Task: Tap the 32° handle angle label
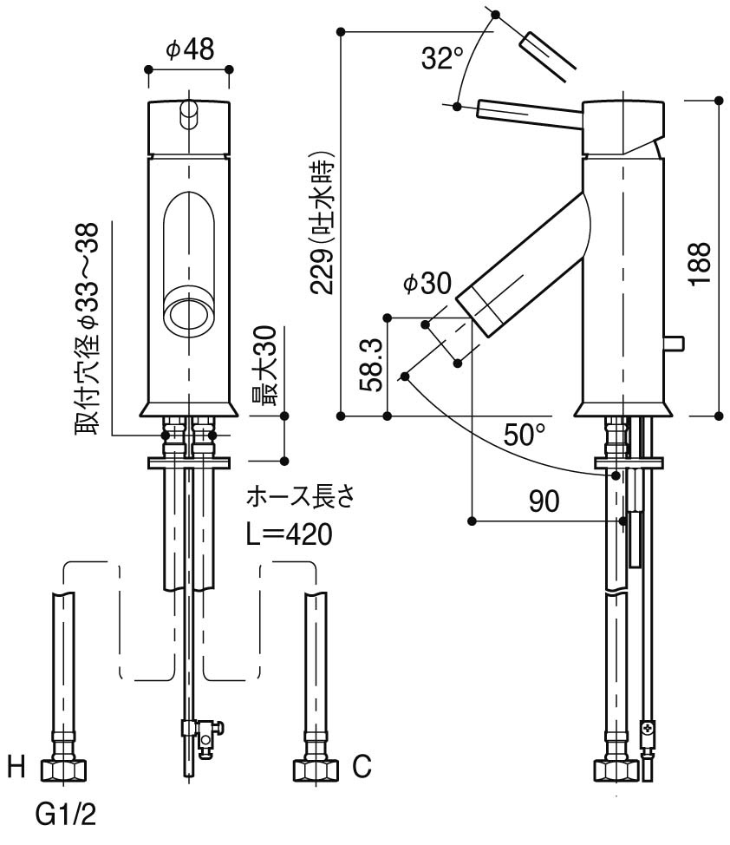[x=443, y=59]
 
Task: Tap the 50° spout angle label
[x=525, y=434]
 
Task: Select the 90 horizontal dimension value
[x=542, y=500]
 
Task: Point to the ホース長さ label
[x=301, y=498]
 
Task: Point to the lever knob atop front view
[x=188, y=113]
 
